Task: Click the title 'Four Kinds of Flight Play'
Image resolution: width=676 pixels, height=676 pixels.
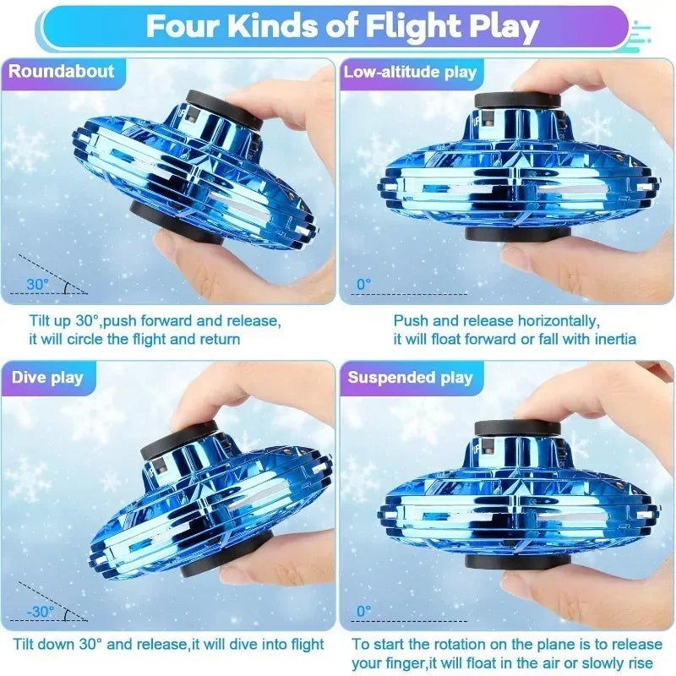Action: click(x=342, y=26)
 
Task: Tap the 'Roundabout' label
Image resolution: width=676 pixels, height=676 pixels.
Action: click(x=61, y=71)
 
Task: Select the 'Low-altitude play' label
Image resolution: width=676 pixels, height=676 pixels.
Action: click(x=410, y=72)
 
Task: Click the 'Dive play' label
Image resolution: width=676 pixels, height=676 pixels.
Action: click(x=48, y=377)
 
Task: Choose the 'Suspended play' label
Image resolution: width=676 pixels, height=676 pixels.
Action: click(x=411, y=377)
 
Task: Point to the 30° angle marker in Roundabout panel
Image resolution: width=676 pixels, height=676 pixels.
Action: click(x=38, y=285)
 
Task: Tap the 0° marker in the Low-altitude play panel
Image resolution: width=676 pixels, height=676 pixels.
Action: click(x=364, y=285)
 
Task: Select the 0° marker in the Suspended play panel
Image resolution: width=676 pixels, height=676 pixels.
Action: click(x=364, y=611)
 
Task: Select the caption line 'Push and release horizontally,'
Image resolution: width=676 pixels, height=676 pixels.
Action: click(x=497, y=321)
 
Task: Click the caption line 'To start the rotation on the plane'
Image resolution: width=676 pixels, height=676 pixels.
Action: click(x=504, y=645)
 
